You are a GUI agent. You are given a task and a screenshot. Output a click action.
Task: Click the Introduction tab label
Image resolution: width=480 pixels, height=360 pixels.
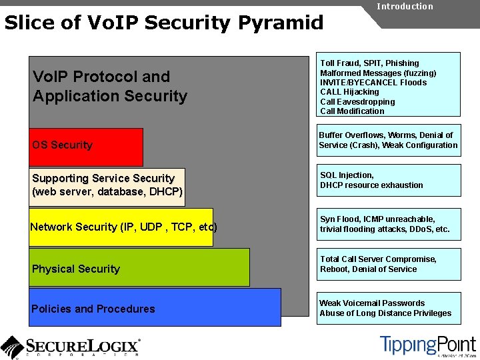click(x=405, y=7)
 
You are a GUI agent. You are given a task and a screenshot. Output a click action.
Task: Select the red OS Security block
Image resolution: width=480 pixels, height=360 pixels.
click(x=86, y=146)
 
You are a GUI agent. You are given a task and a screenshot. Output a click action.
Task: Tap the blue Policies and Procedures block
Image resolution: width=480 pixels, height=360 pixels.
click(x=155, y=307)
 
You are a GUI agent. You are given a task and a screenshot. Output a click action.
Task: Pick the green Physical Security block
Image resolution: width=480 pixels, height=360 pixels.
click(x=139, y=267)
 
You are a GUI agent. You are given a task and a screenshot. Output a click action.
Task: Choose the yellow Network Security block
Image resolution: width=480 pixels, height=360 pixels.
click(x=121, y=227)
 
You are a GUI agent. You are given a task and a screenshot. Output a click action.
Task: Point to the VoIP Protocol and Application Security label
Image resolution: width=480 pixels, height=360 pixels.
click(x=110, y=87)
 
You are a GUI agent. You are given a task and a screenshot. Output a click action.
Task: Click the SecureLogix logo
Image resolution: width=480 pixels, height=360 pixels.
click(x=71, y=346)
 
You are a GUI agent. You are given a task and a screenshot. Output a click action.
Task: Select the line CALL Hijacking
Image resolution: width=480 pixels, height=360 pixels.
click(x=349, y=92)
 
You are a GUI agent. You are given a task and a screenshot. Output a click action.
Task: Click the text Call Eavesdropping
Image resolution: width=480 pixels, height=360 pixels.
click(x=357, y=102)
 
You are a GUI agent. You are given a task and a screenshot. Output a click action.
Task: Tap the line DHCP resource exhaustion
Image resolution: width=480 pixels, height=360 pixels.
click(x=371, y=185)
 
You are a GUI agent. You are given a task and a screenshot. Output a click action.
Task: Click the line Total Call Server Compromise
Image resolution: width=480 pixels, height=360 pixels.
click(x=378, y=259)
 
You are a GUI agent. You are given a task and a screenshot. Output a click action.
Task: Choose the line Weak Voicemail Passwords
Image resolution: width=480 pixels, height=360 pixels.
click(x=371, y=303)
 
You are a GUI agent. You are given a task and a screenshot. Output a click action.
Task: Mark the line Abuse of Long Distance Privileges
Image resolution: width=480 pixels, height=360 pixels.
click(x=385, y=313)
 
